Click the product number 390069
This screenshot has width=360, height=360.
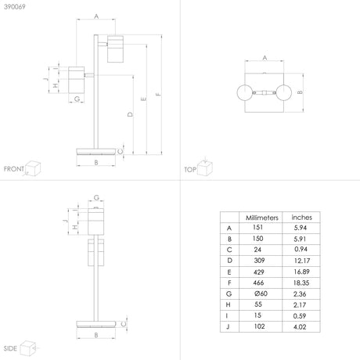(x=15, y=6)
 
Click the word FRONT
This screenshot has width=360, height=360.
(x=14, y=169)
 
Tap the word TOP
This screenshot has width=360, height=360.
(x=190, y=170)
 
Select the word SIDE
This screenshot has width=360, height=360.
(x=10, y=348)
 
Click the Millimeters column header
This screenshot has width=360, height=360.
(x=262, y=218)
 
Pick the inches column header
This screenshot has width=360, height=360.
(x=301, y=218)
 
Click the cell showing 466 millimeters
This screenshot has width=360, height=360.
(x=258, y=283)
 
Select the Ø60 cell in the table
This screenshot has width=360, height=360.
(x=261, y=293)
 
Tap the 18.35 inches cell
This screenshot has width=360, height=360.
(x=301, y=283)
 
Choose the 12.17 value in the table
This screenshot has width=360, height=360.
(x=301, y=261)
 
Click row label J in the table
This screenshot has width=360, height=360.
(x=228, y=326)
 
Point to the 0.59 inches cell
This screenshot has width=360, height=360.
(x=300, y=316)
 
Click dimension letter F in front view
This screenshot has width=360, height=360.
(x=158, y=94)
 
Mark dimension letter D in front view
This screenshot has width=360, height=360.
(x=130, y=114)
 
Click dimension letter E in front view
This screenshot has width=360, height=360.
(x=143, y=99)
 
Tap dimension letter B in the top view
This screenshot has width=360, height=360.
(x=300, y=92)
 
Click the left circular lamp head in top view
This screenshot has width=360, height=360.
(x=245, y=92)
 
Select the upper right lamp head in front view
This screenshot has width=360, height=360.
(x=115, y=49)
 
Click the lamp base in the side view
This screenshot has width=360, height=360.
(x=96, y=324)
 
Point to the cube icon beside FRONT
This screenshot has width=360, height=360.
(x=33, y=167)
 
